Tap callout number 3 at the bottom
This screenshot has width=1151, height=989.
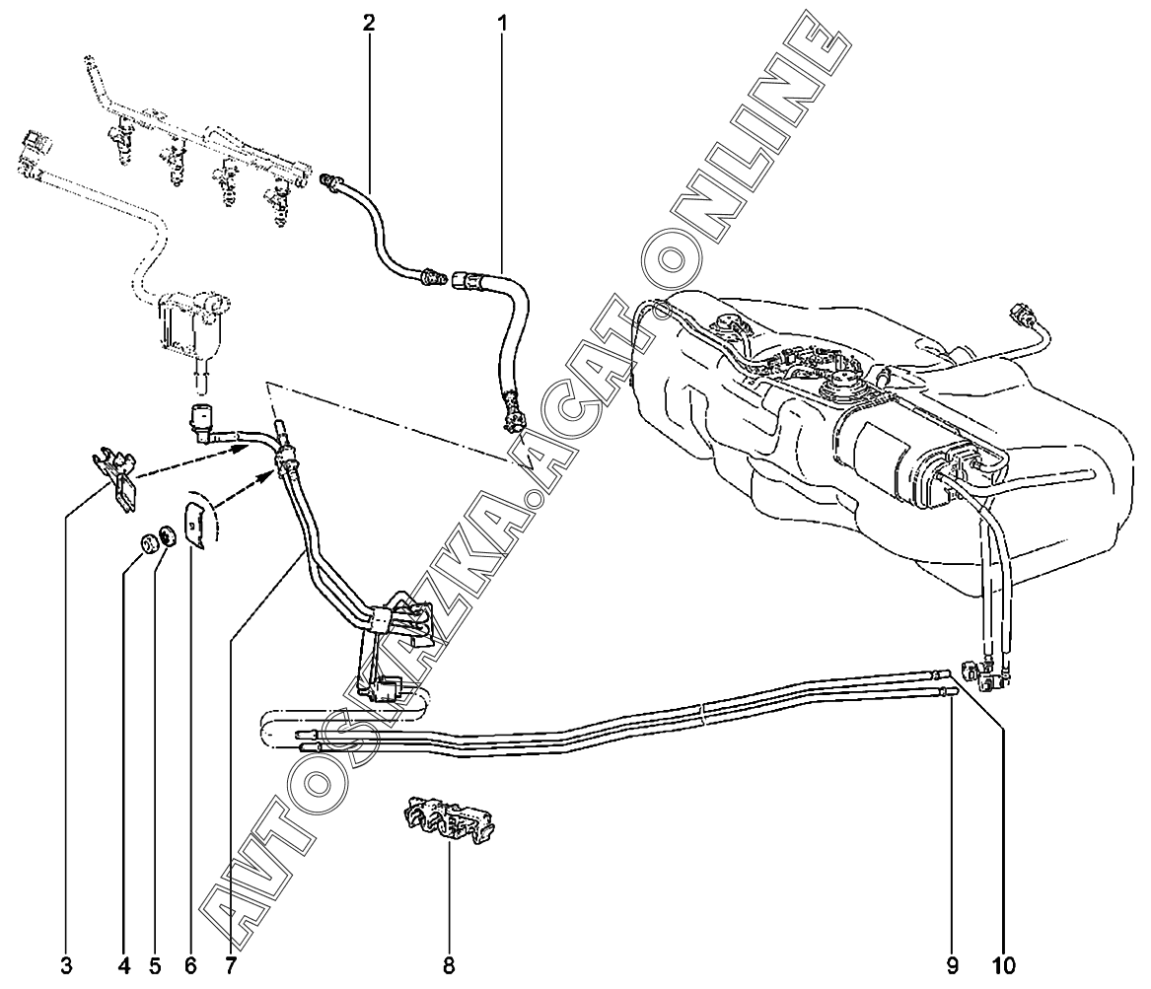(67, 966)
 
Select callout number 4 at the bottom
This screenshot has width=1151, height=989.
(124, 966)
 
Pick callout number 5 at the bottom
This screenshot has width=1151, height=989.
(154, 966)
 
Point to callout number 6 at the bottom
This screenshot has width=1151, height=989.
(191, 966)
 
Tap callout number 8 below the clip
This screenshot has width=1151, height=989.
(449, 966)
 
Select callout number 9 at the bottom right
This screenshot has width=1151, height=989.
(952, 966)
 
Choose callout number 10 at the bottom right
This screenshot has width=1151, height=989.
(1003, 966)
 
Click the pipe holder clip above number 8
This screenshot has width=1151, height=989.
(450, 824)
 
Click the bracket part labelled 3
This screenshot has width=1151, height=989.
(115, 477)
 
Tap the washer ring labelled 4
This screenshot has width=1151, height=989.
(149, 543)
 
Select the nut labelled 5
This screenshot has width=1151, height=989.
(168, 535)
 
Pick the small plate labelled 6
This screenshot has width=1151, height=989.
(195, 523)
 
